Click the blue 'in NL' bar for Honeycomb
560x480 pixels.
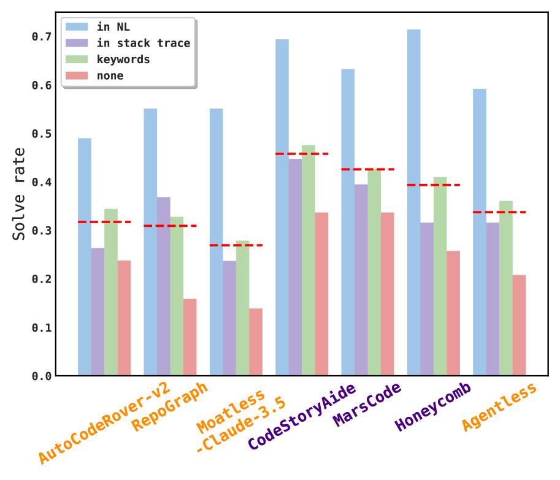(x=414, y=202)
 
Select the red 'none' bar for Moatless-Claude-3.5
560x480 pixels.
(x=256, y=341)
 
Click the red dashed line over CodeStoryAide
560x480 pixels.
(x=302, y=154)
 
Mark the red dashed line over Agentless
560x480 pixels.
(x=499, y=212)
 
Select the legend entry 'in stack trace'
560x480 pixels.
(x=144, y=43)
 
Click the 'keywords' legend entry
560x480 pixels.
(x=123, y=59)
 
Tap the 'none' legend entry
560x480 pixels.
(x=110, y=76)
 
